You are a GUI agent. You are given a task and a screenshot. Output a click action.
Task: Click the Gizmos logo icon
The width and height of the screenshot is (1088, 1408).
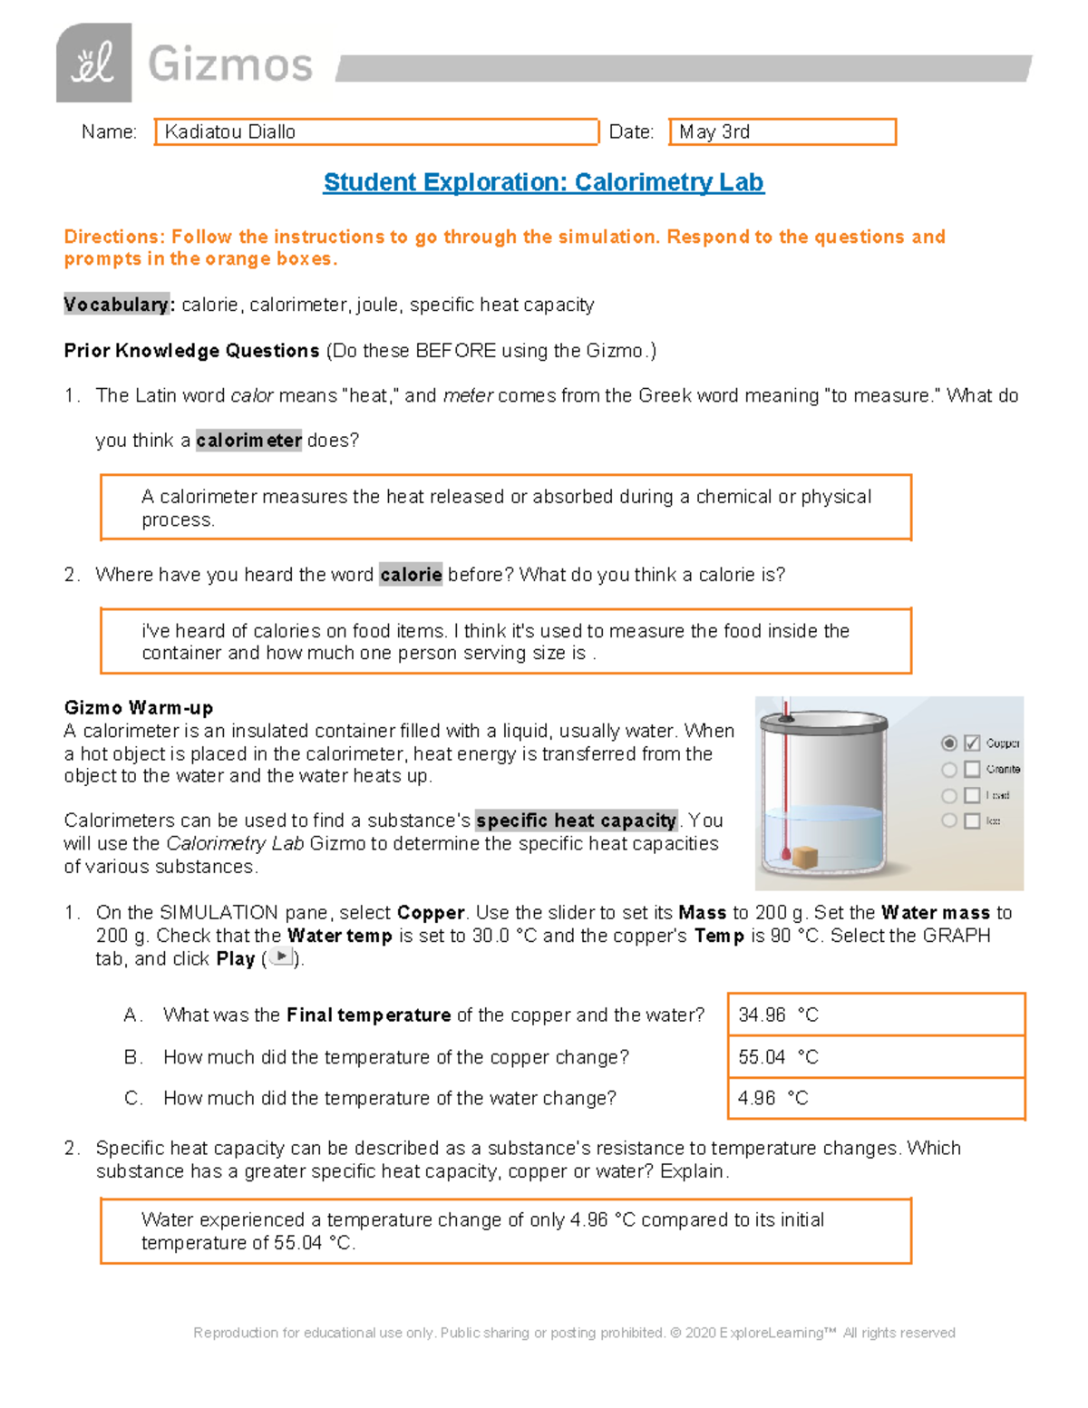tap(93, 63)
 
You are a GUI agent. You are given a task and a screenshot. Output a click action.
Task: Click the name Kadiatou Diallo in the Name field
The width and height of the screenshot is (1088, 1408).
tap(230, 132)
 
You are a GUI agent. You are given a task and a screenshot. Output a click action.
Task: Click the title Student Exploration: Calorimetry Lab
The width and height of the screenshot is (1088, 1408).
tap(543, 182)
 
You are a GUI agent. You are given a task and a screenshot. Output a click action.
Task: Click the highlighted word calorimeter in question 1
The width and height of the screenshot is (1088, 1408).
tap(248, 441)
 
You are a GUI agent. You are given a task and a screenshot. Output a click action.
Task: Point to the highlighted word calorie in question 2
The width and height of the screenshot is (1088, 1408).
tap(411, 575)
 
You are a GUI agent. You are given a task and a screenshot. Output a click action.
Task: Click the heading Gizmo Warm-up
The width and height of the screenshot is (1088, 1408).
tap(139, 708)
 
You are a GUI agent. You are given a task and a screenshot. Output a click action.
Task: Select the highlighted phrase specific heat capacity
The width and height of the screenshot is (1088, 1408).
tap(577, 821)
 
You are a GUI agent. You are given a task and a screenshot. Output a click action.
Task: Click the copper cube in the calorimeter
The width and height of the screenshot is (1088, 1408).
tap(805, 857)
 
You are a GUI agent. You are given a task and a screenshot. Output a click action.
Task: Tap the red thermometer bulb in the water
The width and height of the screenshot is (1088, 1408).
tap(786, 853)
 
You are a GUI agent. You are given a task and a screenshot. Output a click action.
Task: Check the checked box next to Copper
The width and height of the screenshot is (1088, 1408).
tap(972, 743)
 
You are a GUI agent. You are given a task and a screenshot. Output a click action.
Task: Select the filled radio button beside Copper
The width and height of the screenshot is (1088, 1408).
tap(949, 743)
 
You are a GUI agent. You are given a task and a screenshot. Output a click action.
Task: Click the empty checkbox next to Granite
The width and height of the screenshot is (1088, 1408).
tap(972, 770)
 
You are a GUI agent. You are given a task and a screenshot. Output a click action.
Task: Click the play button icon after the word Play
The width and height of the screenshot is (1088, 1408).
tap(282, 956)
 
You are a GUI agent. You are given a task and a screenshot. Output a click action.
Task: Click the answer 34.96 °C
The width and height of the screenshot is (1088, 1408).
tap(778, 1015)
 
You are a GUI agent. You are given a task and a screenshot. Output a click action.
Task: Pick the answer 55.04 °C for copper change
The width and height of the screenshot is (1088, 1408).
tap(778, 1057)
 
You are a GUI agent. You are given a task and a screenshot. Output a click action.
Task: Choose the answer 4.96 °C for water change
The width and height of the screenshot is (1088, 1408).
tap(772, 1099)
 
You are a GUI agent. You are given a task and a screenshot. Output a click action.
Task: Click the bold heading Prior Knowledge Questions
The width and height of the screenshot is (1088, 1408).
tap(191, 351)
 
